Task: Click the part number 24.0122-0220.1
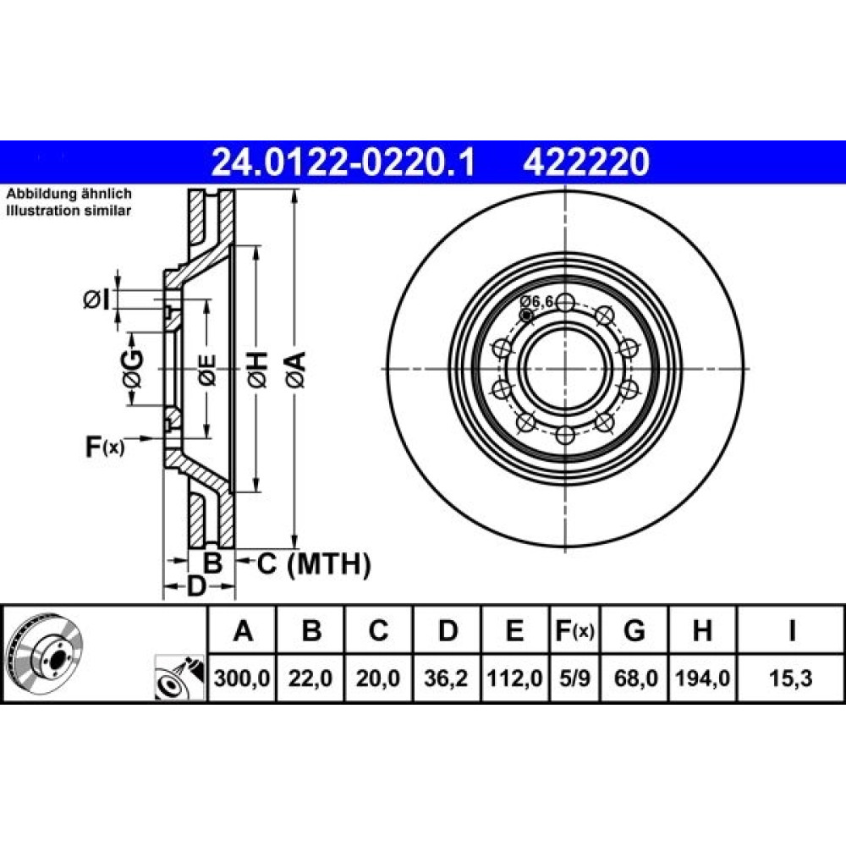pos(343,162)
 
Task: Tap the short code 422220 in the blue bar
pos(586,162)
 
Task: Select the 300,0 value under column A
pos(242,678)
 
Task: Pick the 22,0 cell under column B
pos(310,678)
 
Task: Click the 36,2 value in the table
pos(446,678)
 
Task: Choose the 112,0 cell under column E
pos(514,678)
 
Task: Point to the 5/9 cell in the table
pos(574,678)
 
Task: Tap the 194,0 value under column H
pos(702,678)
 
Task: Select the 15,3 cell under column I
pos(791,678)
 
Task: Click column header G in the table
pos(634,630)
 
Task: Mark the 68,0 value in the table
pos(635,678)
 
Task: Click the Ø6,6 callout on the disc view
pos(537,302)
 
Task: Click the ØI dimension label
pos(96,299)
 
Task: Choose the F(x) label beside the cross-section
pos(105,447)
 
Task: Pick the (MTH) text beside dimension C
pos(328,564)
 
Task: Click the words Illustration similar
pos(69,211)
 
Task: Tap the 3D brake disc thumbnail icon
pos(46,655)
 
